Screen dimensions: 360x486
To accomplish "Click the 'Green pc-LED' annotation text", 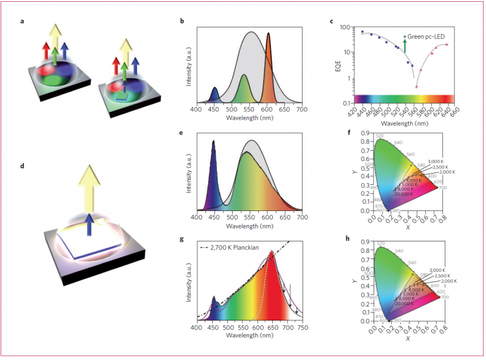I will (x=425, y=37).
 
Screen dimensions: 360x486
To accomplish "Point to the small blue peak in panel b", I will (x=214, y=90).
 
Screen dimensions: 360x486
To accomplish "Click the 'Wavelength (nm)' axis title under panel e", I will (x=248, y=226).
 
